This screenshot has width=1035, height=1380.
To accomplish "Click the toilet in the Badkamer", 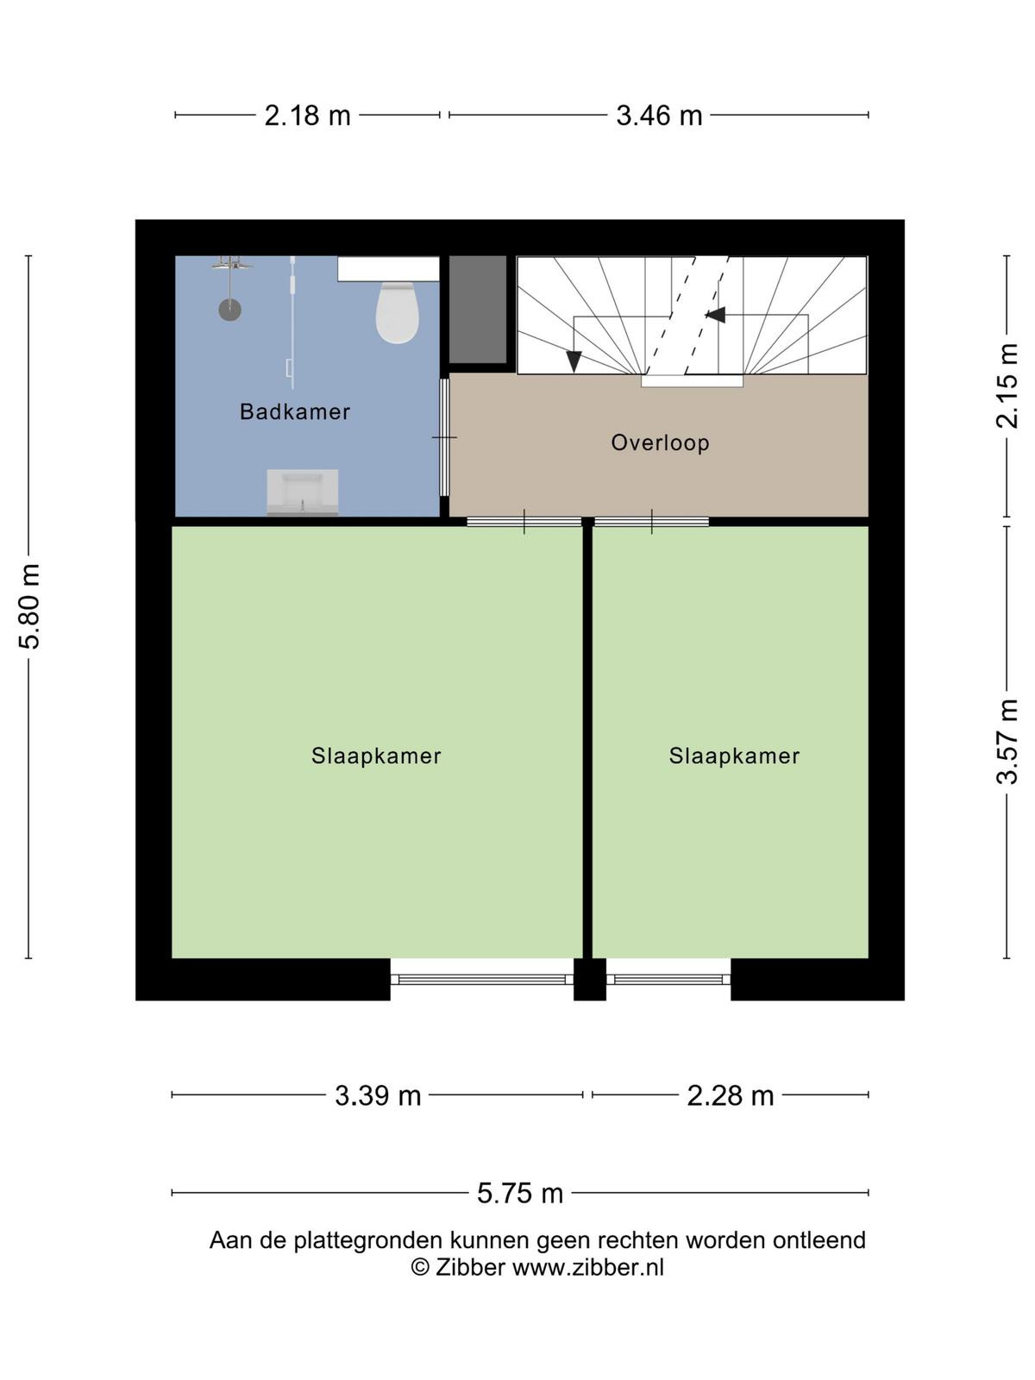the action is pyautogui.click(x=397, y=312).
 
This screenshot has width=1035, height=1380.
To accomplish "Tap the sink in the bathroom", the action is pyautogui.click(x=302, y=492).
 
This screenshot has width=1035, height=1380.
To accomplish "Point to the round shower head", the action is pyautogui.click(x=229, y=310).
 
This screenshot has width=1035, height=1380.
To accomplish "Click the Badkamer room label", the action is pyautogui.click(x=295, y=411).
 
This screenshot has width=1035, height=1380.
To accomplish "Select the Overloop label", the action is pyautogui.click(x=660, y=442).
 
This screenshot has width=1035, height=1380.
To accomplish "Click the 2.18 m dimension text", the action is pyautogui.click(x=307, y=116).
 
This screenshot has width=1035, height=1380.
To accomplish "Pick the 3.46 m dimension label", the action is pyautogui.click(x=659, y=116).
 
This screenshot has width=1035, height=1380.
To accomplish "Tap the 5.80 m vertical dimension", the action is pyautogui.click(x=29, y=605).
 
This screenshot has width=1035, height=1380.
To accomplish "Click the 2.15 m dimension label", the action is pyautogui.click(x=1007, y=386).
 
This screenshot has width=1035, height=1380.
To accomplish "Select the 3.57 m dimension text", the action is pyautogui.click(x=1007, y=742).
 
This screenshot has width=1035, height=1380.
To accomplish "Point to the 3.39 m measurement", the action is pyautogui.click(x=377, y=1096).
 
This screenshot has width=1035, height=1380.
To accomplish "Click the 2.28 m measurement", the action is pyautogui.click(x=730, y=1096).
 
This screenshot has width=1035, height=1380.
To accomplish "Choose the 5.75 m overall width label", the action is pyautogui.click(x=520, y=1194).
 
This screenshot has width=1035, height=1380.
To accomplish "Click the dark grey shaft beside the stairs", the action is pyautogui.click(x=478, y=310).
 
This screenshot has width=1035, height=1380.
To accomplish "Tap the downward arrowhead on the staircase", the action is pyautogui.click(x=573, y=361).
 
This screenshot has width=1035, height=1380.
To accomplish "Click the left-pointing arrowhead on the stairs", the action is pyautogui.click(x=714, y=314).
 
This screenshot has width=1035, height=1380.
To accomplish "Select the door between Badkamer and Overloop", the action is pyautogui.click(x=444, y=437).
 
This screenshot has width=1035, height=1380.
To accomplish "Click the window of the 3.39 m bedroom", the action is pyautogui.click(x=482, y=979).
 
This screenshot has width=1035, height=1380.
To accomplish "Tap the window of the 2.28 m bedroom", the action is pyautogui.click(x=668, y=979).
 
